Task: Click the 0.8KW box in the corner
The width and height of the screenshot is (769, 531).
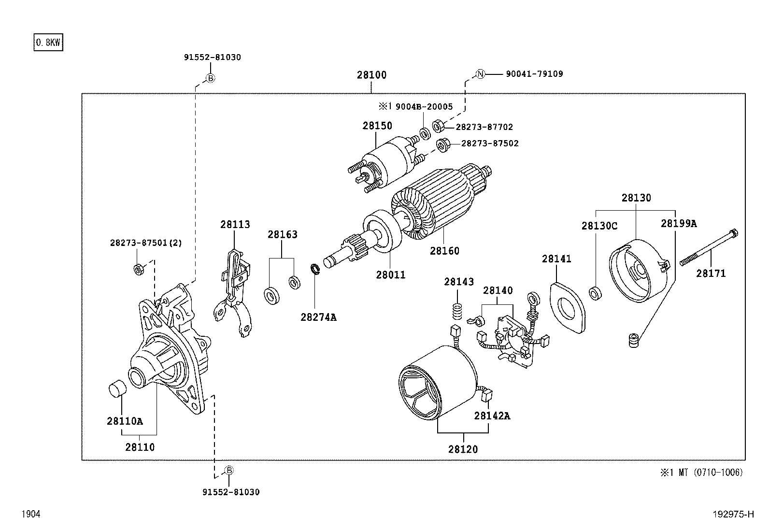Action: [48, 43]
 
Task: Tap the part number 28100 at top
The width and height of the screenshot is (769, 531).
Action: [371, 75]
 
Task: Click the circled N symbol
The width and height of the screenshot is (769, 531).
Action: [480, 74]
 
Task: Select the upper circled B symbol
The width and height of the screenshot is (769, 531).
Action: [211, 78]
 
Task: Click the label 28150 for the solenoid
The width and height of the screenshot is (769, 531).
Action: [377, 126]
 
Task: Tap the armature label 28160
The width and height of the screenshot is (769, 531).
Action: [444, 251]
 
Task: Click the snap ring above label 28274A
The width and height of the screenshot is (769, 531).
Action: [315, 269]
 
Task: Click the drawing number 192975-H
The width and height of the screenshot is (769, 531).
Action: [733, 515]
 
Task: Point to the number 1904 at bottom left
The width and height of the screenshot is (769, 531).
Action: [30, 515]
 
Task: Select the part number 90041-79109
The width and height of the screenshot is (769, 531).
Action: [534, 74]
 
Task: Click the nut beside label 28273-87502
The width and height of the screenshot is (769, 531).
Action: [441, 144]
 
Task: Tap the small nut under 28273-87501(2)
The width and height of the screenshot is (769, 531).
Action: [138, 269]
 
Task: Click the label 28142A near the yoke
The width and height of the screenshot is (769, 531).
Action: [491, 416]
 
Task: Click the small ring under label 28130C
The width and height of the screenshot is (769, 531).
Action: [596, 293]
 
